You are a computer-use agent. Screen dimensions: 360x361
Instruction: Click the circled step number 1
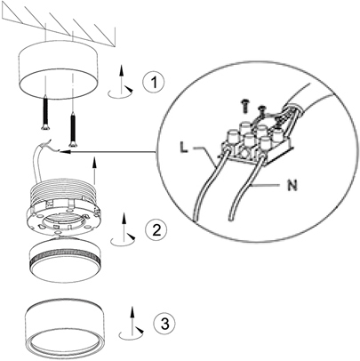pyautogui.click(x=153, y=82)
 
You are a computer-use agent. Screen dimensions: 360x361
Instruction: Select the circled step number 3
pyautogui.click(x=164, y=323)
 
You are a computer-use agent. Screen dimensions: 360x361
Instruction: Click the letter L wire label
pyautogui.click(x=184, y=148)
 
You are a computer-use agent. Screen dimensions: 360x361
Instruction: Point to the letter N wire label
pyautogui.click(x=292, y=186)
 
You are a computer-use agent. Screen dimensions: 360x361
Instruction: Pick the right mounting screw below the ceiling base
pyautogui.click(x=72, y=130)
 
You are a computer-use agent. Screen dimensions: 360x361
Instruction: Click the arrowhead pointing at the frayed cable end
pyautogui.click(x=65, y=152)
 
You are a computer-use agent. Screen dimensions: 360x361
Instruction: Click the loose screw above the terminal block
pyautogui.click(x=244, y=106)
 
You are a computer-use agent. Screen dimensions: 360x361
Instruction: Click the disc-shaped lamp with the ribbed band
pyautogui.click(x=66, y=258)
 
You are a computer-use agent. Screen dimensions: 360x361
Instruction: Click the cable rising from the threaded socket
pyautogui.click(x=38, y=162)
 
